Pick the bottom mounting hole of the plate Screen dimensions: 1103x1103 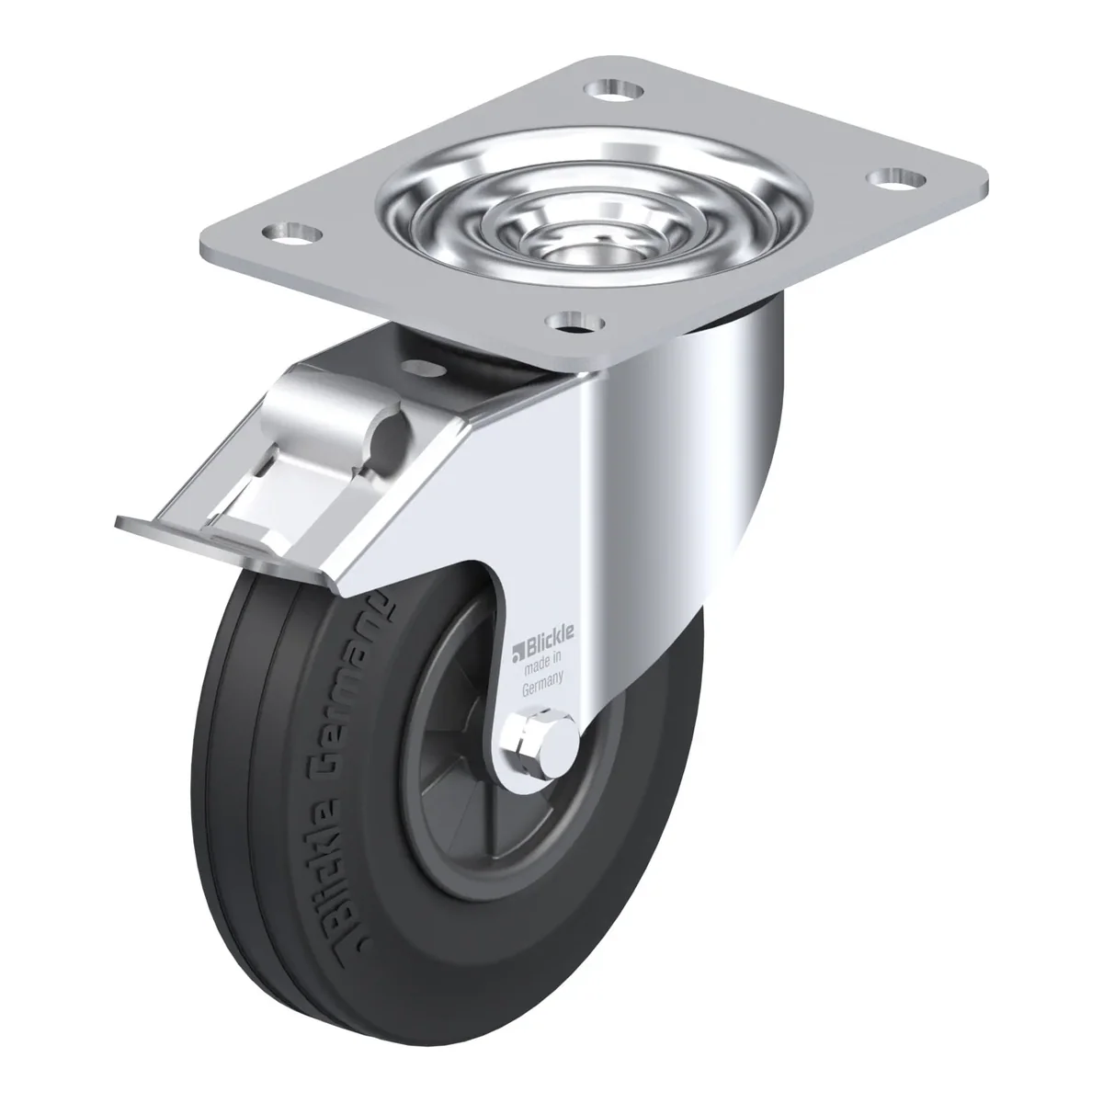click(574, 322)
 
